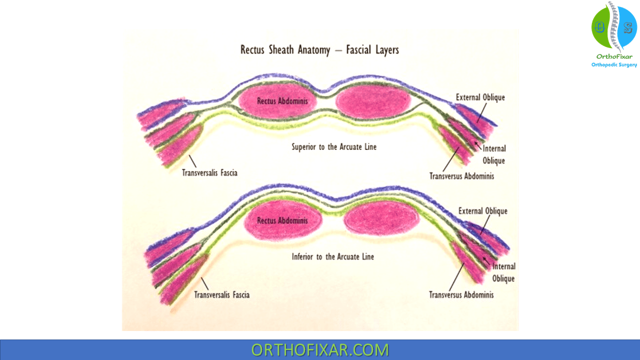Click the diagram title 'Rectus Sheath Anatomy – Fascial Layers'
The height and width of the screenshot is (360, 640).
point(319,50)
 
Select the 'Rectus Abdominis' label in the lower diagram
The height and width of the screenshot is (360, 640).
point(282,220)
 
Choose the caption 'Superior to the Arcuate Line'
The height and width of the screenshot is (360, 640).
point(334,147)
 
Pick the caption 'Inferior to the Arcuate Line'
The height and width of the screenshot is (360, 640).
point(332,256)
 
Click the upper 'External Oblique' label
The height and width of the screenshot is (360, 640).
point(480,97)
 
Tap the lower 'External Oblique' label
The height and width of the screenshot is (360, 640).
point(482,211)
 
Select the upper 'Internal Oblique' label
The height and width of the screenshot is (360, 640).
point(494,154)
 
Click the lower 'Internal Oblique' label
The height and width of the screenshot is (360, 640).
point(503,272)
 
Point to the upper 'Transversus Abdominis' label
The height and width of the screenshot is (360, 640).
point(461,176)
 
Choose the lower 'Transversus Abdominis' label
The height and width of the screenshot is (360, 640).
point(461,294)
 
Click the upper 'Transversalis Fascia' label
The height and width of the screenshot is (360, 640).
point(209,173)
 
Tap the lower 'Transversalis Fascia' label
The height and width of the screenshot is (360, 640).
point(221,294)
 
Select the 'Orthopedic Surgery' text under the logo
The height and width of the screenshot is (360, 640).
point(614,65)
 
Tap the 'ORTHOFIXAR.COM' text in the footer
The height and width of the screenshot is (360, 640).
point(319,349)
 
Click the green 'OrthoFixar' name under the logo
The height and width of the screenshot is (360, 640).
point(614,56)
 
